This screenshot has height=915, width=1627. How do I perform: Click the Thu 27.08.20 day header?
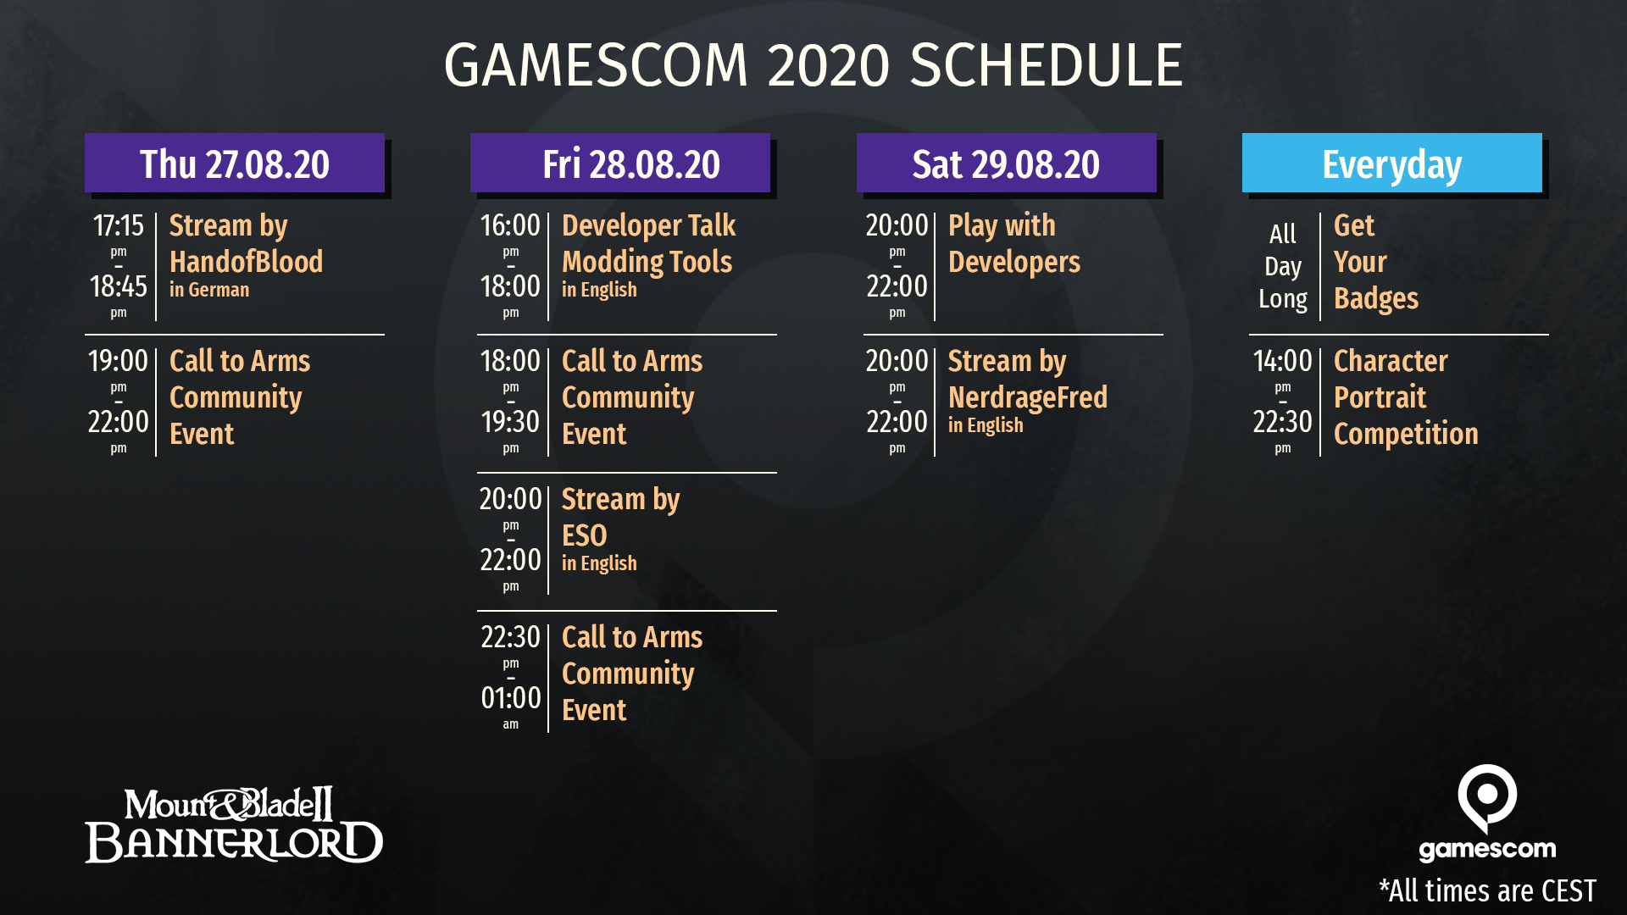235,163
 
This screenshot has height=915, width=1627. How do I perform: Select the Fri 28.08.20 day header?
620,163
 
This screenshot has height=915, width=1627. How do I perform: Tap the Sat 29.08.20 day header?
1007,163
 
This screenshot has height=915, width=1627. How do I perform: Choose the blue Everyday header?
1392,163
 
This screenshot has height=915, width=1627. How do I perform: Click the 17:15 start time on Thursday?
119,225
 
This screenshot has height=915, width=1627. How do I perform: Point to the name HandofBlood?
246,262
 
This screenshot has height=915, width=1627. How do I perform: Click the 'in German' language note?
209,290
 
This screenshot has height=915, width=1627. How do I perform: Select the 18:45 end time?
119,286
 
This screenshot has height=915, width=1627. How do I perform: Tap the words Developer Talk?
648,225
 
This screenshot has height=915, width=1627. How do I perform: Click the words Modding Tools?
647,263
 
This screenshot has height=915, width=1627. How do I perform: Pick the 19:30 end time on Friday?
510,421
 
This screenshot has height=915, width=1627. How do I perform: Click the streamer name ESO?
584,535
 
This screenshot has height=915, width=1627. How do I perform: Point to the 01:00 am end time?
510,697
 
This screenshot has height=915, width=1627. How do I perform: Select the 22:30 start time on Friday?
510,636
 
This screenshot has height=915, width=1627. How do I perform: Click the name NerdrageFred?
1027,397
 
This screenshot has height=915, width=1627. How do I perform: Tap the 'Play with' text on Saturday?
1002,226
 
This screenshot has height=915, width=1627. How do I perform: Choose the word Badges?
1375,299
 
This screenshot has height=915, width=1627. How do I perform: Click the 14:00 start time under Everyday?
1282,361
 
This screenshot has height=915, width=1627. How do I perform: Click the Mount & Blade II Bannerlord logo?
234,824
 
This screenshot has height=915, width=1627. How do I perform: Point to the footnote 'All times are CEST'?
1487,890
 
